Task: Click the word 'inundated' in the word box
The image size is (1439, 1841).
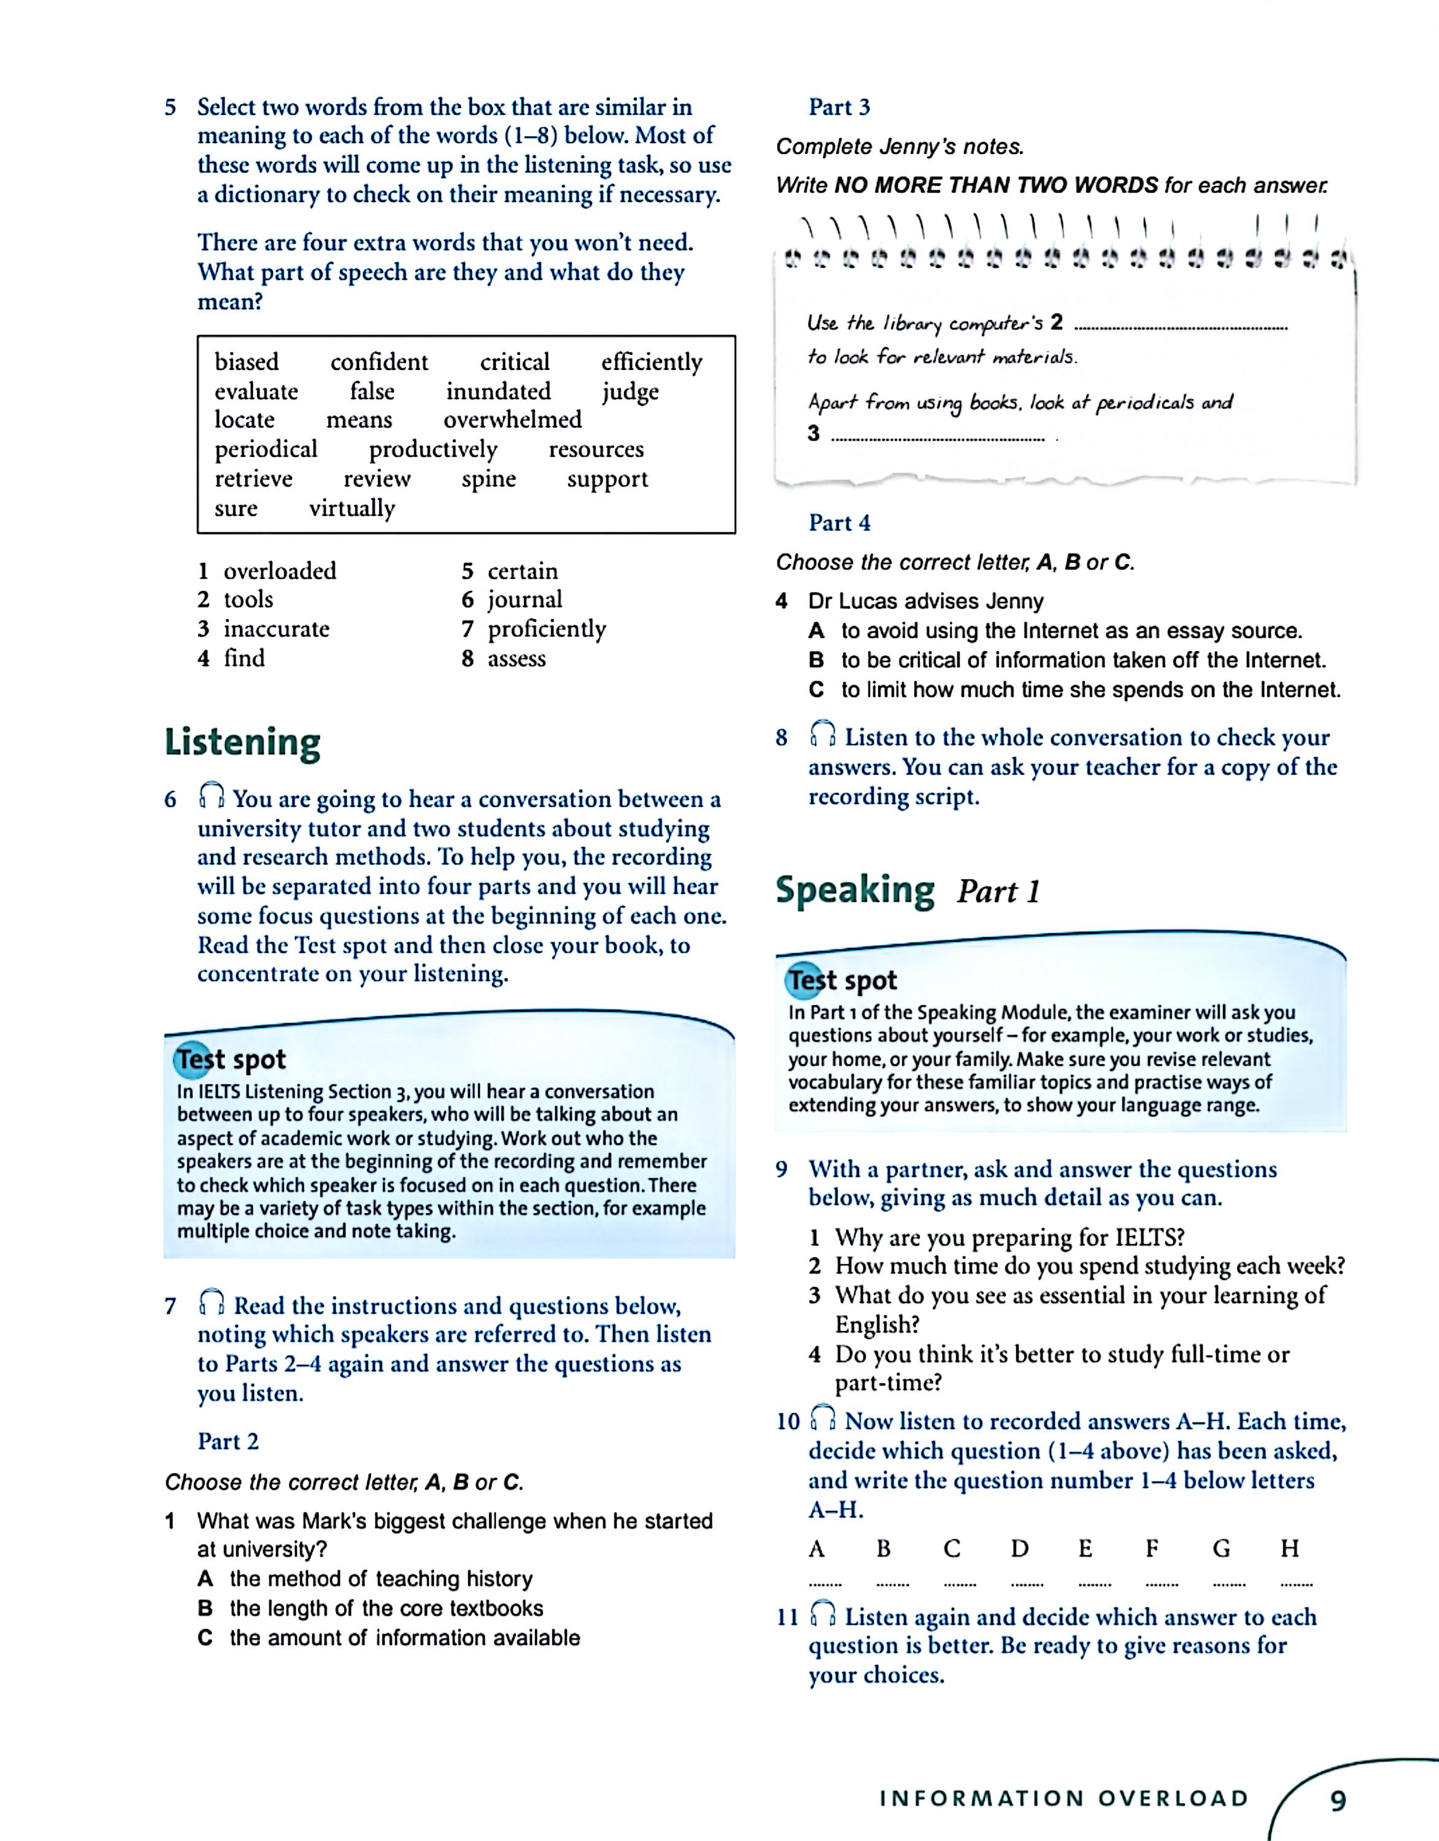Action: pyautogui.click(x=498, y=391)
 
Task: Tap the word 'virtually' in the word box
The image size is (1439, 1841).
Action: pyautogui.click(x=352, y=508)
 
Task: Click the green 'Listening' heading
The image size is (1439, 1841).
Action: pyautogui.click(x=243, y=743)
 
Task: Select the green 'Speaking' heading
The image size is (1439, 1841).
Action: pyautogui.click(x=855, y=890)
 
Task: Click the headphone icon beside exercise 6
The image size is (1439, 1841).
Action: pyautogui.click(x=212, y=795)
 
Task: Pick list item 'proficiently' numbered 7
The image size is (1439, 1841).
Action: pyautogui.click(x=546, y=629)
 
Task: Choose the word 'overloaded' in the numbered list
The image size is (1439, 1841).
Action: pyautogui.click(x=280, y=571)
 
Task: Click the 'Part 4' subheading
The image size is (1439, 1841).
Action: pyautogui.click(x=839, y=523)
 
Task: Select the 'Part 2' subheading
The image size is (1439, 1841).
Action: pyautogui.click(x=228, y=1442)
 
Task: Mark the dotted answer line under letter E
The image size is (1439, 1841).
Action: pyautogui.click(x=1094, y=1584)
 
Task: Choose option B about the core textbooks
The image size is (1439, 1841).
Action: pyautogui.click(x=386, y=1608)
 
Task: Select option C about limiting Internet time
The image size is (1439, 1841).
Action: pyautogui.click(x=1090, y=690)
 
